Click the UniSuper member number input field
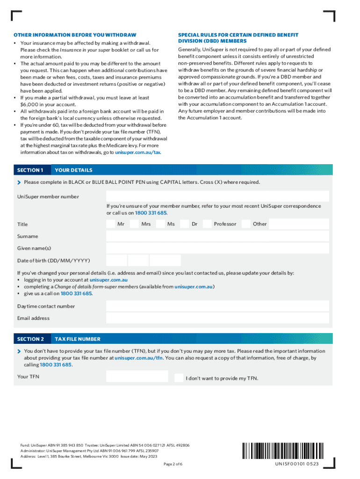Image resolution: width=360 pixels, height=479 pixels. tap(217, 196)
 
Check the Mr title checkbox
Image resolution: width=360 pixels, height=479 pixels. tap(110, 224)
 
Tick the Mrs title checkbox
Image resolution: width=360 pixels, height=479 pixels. tap(134, 224)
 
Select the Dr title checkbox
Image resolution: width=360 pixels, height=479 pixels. tap(185, 224)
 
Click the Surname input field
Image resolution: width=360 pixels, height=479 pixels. tap(217, 236)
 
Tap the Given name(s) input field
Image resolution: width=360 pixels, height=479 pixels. tap(217, 248)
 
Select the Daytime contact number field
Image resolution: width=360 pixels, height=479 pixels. tap(217, 306)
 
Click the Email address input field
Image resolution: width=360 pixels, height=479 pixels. tap(217, 318)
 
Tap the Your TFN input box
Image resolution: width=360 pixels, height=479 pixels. tap(137, 377)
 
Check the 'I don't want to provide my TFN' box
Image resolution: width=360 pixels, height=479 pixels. tap(179, 378)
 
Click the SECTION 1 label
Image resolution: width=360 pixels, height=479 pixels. tap(30, 170)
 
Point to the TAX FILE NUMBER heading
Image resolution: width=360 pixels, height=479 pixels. tap(77, 339)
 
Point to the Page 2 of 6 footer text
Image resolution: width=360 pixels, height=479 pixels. tap(173, 464)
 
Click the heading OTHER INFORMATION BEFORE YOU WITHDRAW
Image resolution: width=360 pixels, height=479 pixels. tap(75, 35)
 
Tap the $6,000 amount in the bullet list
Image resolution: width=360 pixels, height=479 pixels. tap(30, 104)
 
